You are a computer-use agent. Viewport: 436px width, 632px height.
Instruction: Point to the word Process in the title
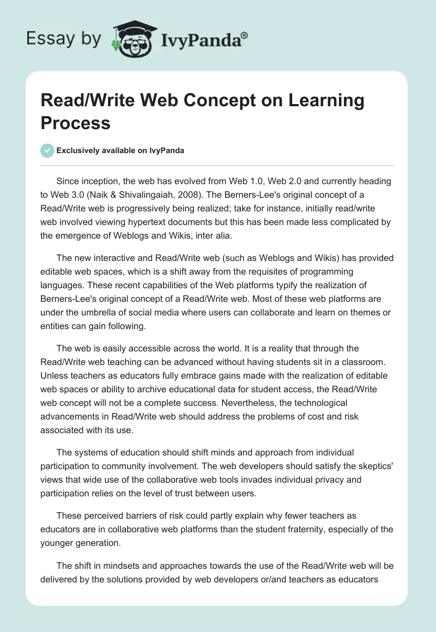pyautogui.click(x=75, y=123)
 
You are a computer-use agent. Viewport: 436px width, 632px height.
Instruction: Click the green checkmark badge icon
pyautogui.click(x=47, y=150)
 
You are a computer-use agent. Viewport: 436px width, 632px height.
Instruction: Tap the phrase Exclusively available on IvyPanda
pyautogui.click(x=120, y=150)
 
